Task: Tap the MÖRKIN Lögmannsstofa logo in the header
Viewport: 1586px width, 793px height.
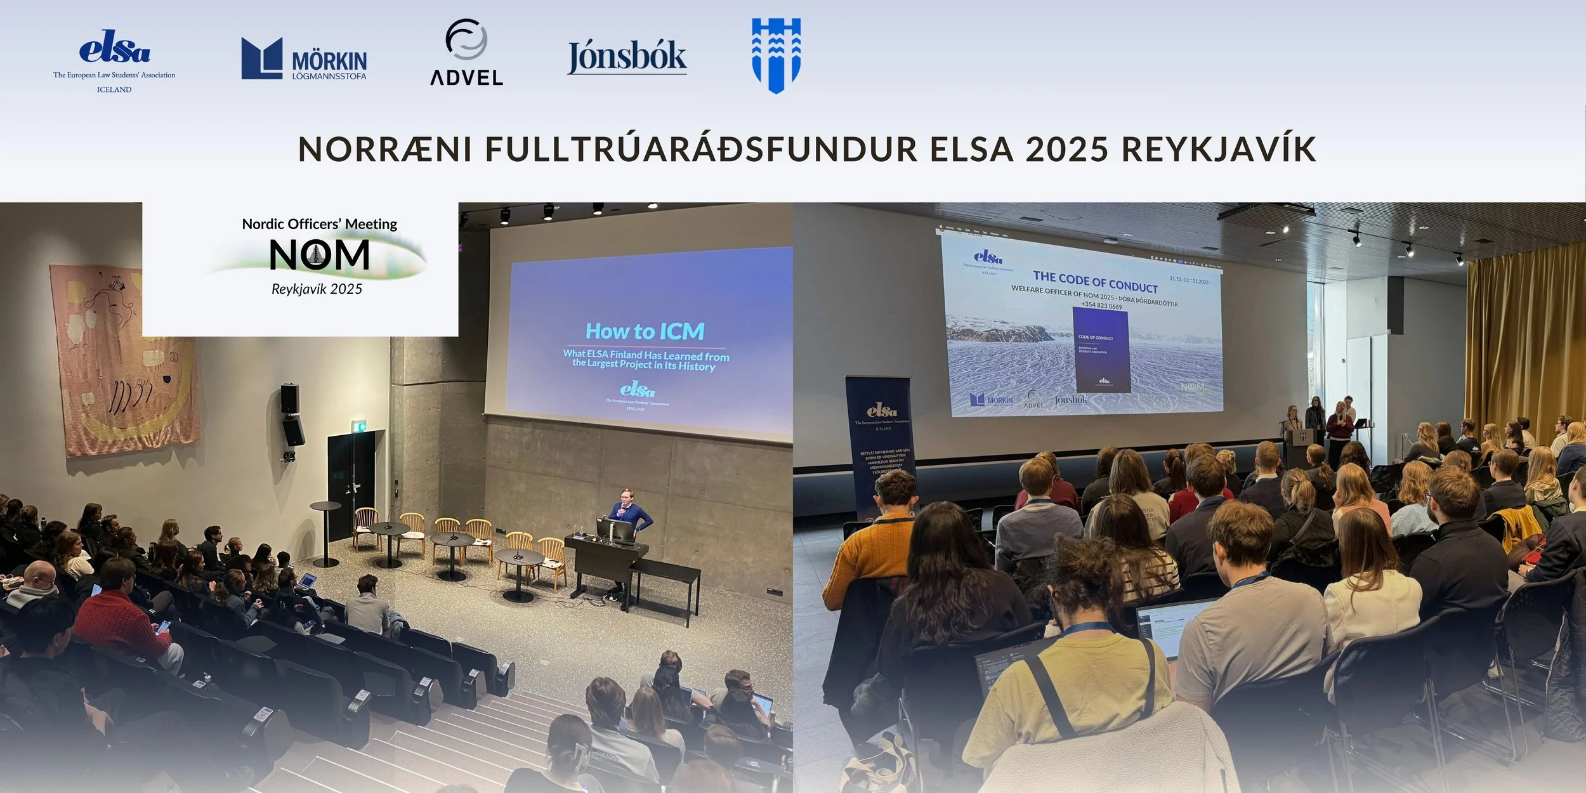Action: pos(304,59)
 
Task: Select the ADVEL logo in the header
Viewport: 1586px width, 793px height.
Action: pos(466,53)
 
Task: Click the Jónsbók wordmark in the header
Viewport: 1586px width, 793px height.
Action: pos(627,57)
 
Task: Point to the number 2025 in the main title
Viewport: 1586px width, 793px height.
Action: pos(1066,149)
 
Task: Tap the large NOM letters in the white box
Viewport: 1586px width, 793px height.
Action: pos(319,255)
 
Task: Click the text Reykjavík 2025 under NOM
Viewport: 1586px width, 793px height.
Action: pos(317,289)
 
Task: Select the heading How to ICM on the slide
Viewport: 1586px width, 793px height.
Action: pos(645,331)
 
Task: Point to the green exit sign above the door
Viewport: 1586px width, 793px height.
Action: pos(360,426)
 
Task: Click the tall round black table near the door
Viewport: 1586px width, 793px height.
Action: pos(325,533)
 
